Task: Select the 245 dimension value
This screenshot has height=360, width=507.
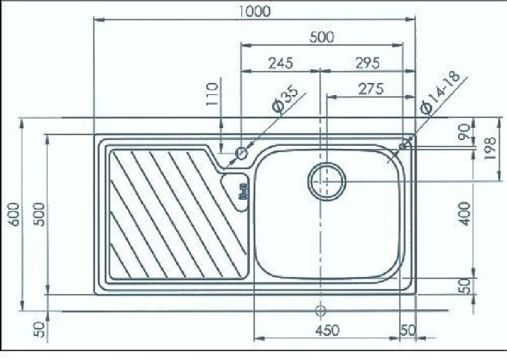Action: [281, 62]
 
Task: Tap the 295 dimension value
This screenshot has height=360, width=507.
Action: [365, 62]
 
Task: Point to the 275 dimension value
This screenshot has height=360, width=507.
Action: [369, 89]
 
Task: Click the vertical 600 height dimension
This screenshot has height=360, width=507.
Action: [11, 214]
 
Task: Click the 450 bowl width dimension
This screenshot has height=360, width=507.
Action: [327, 331]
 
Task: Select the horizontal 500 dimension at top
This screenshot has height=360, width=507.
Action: [321, 36]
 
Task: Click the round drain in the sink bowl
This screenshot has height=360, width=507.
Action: [327, 180]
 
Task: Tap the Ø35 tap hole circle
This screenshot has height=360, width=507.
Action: [241, 152]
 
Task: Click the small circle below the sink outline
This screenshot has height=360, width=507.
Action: [320, 309]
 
